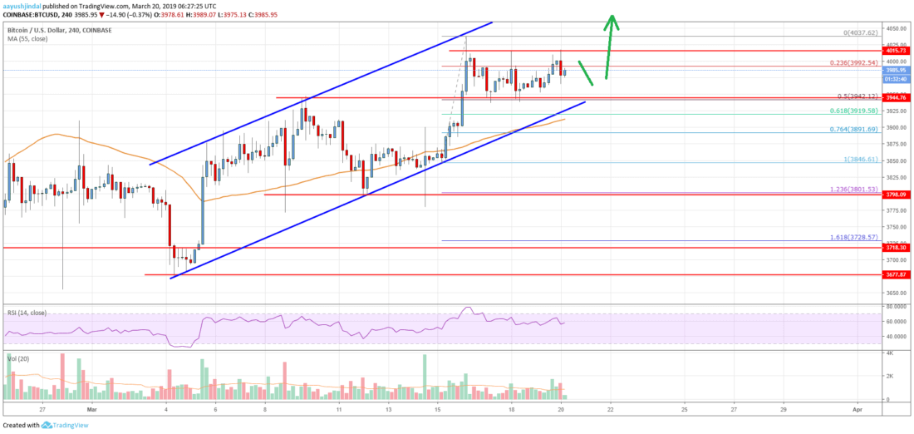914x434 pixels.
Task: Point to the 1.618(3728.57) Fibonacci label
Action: pos(856,237)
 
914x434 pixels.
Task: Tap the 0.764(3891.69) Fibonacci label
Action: pos(857,128)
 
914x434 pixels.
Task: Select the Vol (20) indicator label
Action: pos(16,358)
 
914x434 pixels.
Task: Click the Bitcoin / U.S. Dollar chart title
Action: pos(47,29)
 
